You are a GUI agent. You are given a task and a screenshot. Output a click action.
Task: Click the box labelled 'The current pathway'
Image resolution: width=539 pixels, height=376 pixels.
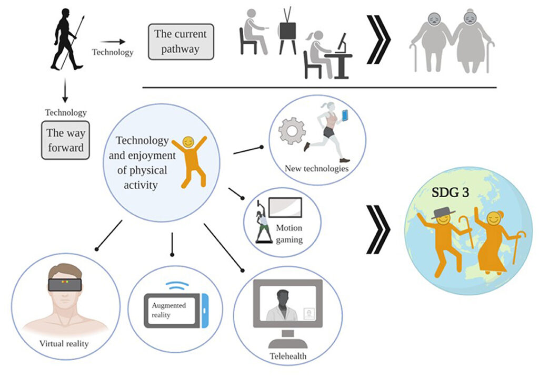coord(181,41)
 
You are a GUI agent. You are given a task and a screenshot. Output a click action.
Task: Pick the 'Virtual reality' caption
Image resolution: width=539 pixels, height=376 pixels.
coord(64,344)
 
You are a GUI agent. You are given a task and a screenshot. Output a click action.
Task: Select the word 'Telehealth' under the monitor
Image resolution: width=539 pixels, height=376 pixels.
coord(287,356)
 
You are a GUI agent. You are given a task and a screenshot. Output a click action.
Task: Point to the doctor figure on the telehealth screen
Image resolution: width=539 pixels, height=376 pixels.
coord(282,304)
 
